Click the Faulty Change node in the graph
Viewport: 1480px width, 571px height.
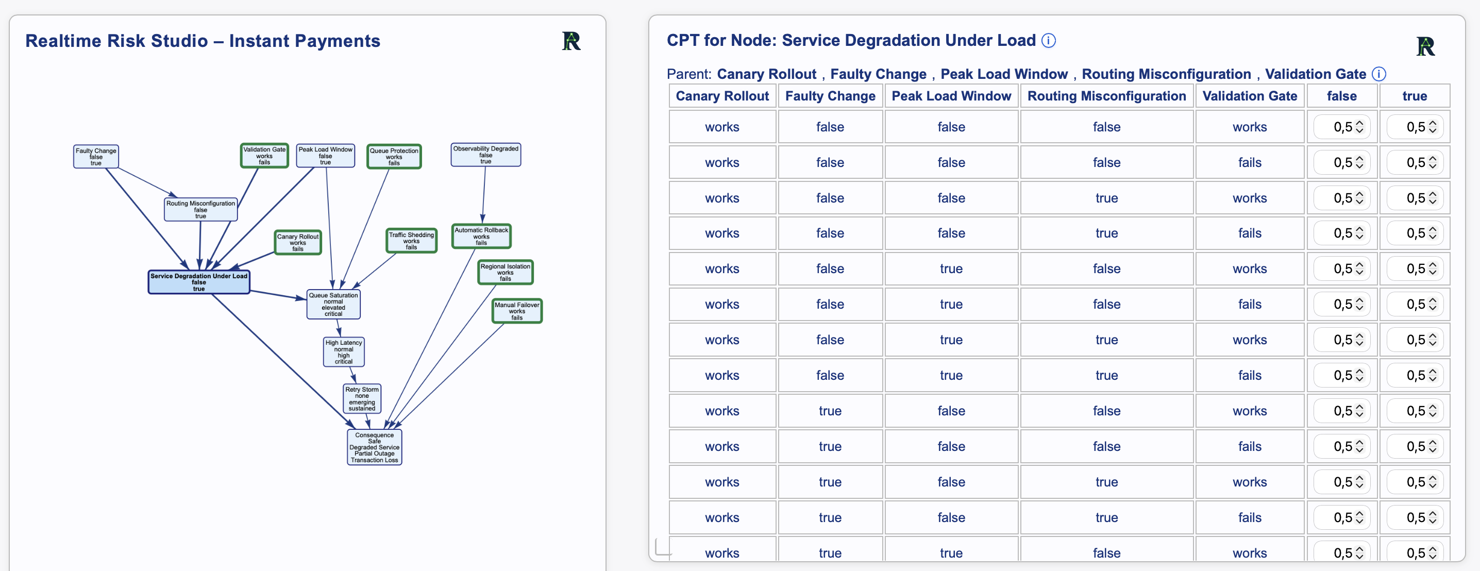pos(96,156)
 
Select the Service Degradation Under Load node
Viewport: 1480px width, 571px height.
pos(199,282)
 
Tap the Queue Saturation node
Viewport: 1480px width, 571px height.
pos(333,304)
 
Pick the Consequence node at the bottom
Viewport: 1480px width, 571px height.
pos(375,447)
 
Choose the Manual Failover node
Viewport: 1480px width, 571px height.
pos(517,311)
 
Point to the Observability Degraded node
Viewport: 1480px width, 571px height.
pos(486,155)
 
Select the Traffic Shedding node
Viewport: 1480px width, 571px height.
pos(411,241)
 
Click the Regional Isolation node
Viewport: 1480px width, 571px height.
pos(506,272)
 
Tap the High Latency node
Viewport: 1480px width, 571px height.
pos(344,351)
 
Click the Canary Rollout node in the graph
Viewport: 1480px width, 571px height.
pos(298,242)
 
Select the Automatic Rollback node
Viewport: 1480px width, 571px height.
pos(481,236)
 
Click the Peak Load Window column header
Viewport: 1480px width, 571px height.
pos(951,96)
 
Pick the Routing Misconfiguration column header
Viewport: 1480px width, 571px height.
pos(1106,96)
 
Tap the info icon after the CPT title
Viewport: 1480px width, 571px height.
pos(1049,40)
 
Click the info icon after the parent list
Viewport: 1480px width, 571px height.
pos(1378,74)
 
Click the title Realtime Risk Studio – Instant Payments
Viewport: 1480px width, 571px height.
pos(203,41)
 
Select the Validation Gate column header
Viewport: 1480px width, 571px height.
pos(1250,96)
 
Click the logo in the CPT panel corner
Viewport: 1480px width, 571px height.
pos(1425,46)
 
